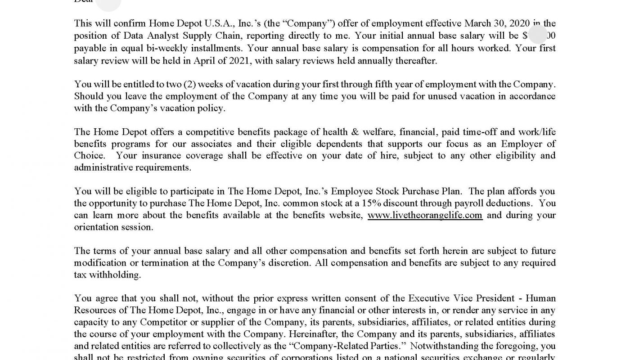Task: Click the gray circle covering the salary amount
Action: coord(538,35)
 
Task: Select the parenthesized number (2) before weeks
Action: coord(189,84)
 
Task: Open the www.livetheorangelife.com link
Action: coord(425,215)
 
